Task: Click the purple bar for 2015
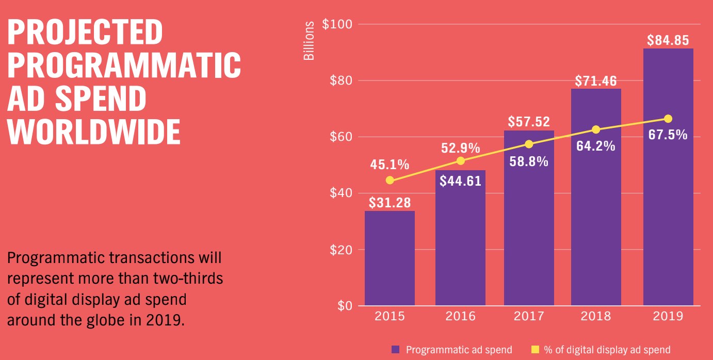(x=390, y=258)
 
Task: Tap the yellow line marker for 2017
(x=529, y=144)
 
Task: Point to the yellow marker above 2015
(x=390, y=180)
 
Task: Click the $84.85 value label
(x=668, y=40)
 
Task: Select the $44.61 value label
(x=461, y=181)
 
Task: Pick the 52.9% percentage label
(x=461, y=149)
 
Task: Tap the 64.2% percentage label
(x=596, y=146)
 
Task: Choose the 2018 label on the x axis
(x=596, y=316)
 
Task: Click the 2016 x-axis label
(x=461, y=316)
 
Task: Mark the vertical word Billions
(x=309, y=41)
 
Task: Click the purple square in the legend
(x=396, y=350)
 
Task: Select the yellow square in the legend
(x=535, y=350)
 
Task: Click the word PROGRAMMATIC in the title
(x=124, y=66)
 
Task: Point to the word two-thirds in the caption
(x=186, y=278)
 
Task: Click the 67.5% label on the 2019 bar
(x=668, y=135)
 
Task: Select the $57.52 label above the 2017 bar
(x=529, y=122)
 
